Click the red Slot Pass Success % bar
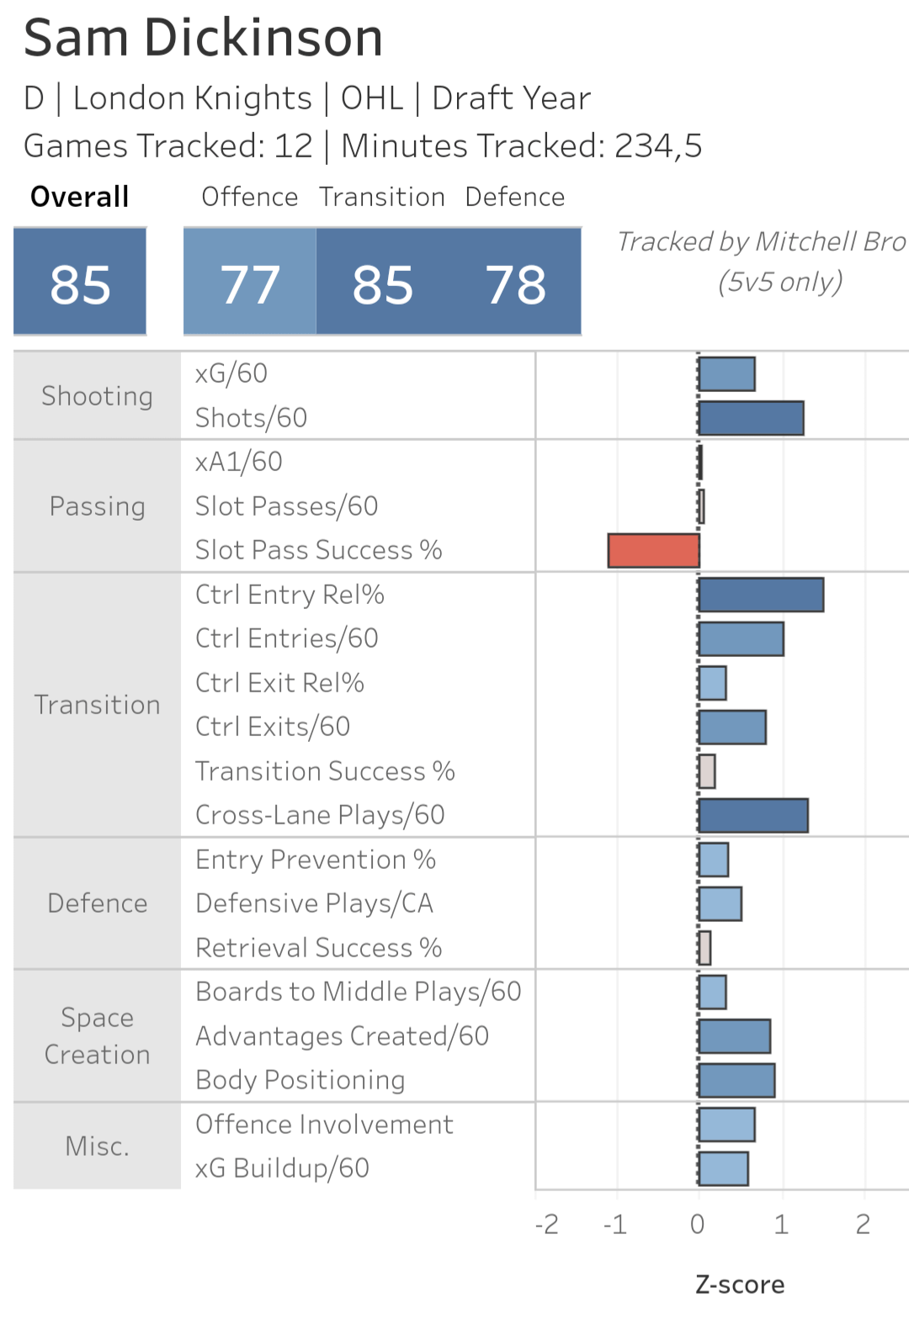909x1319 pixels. (653, 551)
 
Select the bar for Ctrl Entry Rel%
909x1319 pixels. (761, 595)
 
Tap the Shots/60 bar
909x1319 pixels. (751, 418)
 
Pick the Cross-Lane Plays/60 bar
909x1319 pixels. (753, 815)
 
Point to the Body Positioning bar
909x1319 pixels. (736, 1080)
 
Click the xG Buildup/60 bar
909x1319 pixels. (723, 1168)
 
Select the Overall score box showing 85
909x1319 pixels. (80, 283)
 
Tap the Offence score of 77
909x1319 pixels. (250, 283)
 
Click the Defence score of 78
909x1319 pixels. (515, 283)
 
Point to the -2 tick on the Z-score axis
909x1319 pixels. (547, 1224)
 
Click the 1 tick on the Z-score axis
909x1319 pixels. (781, 1224)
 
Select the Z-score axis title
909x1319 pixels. (740, 1285)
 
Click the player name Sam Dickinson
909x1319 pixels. (204, 38)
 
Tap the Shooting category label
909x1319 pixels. (97, 395)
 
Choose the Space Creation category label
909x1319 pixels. (97, 1036)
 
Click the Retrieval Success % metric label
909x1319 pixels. (318, 947)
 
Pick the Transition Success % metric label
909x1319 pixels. (325, 771)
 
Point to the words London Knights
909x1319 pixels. (192, 98)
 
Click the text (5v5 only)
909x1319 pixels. (780, 281)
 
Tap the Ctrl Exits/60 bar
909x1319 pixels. (732, 727)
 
